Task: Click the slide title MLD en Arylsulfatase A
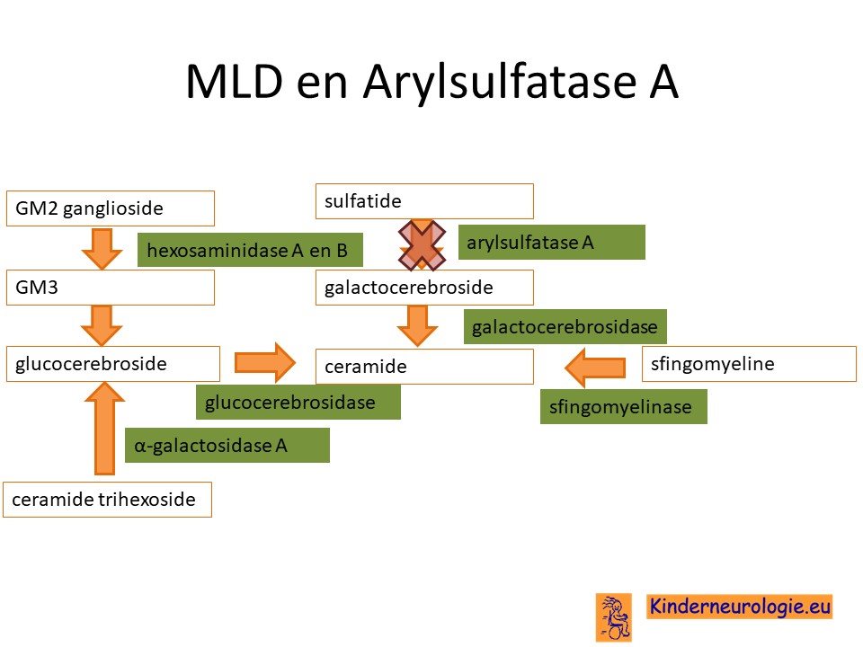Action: (x=432, y=82)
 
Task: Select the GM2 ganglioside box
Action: (x=110, y=208)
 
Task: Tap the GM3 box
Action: (x=110, y=288)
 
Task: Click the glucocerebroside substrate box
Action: (x=113, y=364)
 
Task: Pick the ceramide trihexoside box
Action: (x=107, y=500)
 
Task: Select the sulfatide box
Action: (x=424, y=201)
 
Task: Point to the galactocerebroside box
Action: (x=424, y=288)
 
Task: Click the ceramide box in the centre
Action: (x=424, y=367)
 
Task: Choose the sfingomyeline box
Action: (x=749, y=364)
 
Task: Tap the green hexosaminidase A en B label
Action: (x=250, y=250)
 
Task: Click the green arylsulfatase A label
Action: (x=551, y=242)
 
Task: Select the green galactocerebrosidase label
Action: (x=565, y=327)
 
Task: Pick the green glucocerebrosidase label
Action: (x=298, y=403)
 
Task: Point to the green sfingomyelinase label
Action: (x=624, y=406)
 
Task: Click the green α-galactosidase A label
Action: (x=227, y=445)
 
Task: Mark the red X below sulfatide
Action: (x=422, y=245)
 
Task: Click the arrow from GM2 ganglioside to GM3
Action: (x=102, y=249)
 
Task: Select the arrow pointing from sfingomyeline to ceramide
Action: (x=595, y=367)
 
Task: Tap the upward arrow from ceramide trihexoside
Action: (x=104, y=428)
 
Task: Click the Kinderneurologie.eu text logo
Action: (x=739, y=607)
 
